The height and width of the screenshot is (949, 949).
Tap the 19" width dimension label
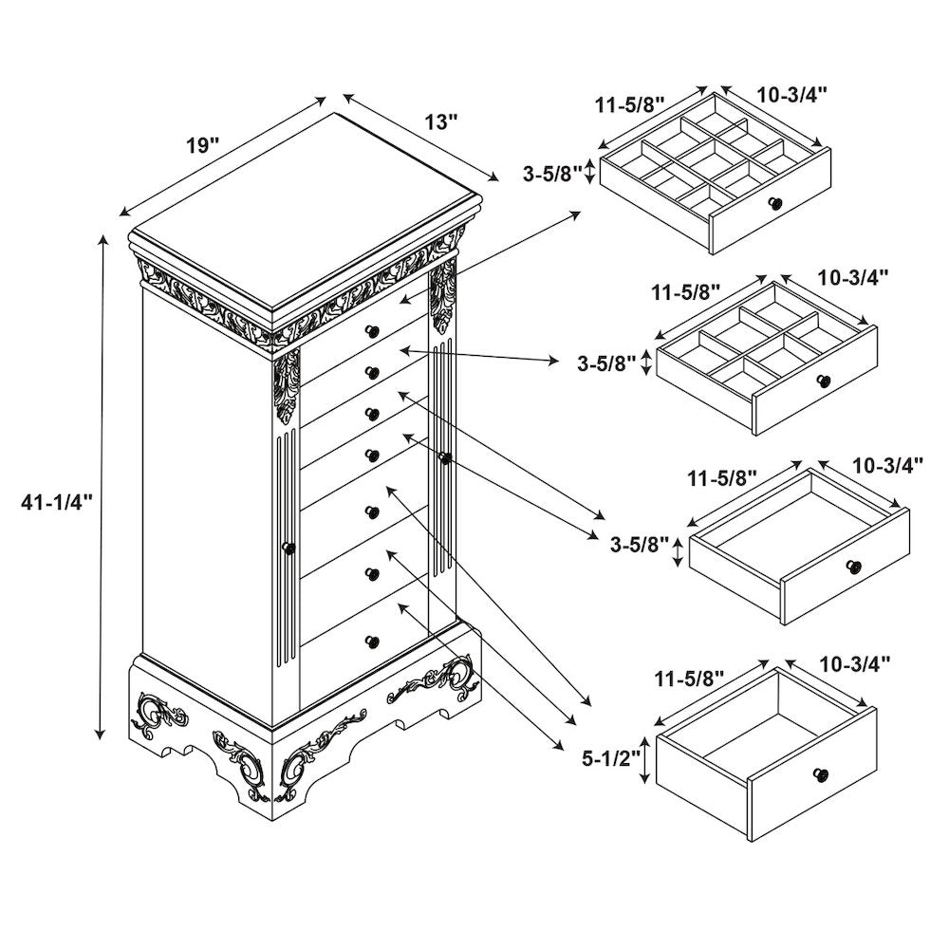click(x=202, y=145)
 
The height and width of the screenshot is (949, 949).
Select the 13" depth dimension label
click(x=440, y=121)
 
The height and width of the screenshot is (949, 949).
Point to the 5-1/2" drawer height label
click(x=610, y=758)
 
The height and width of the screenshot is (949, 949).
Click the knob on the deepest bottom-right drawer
click(x=821, y=774)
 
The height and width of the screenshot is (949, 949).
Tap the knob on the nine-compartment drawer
click(x=775, y=203)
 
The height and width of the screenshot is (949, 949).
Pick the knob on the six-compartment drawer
click(x=823, y=381)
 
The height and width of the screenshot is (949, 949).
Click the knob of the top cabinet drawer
click(x=372, y=330)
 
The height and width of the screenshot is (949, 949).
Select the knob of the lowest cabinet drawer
click(x=372, y=641)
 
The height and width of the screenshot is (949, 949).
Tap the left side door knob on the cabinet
click(x=289, y=549)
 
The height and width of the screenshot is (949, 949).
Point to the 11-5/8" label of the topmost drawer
click(x=630, y=104)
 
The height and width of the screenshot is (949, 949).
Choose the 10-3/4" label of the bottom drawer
click(x=855, y=664)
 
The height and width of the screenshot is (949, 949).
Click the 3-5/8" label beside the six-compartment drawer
click(x=606, y=363)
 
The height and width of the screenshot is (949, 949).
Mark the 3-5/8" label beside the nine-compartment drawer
click(x=552, y=174)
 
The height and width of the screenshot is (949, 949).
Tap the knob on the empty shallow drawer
click(x=854, y=566)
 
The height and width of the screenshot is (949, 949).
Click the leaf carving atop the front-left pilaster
click(x=286, y=386)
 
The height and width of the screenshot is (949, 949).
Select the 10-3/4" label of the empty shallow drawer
click(x=888, y=465)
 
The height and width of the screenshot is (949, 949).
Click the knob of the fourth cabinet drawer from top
click(x=372, y=454)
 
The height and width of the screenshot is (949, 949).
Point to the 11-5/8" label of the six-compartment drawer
click(x=686, y=292)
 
